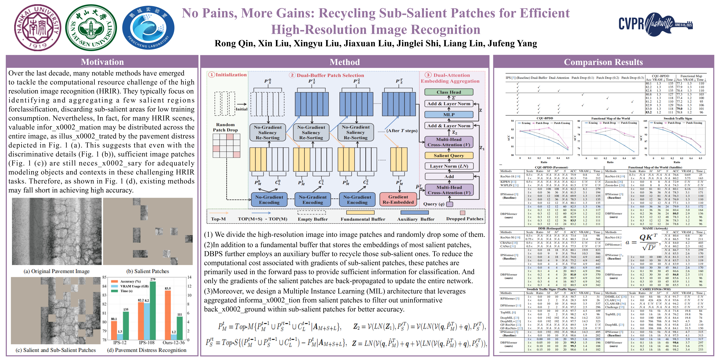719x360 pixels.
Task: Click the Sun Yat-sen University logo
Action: click(91, 27)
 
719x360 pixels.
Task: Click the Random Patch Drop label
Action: click(225, 127)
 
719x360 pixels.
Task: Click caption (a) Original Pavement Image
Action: click(57, 271)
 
